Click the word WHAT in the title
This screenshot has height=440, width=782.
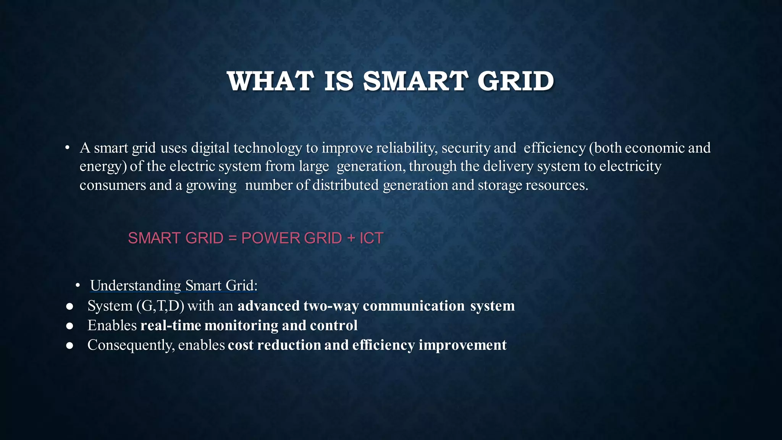270,81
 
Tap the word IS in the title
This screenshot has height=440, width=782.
339,81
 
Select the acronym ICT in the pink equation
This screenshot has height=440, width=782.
371,238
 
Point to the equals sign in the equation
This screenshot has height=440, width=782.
232,238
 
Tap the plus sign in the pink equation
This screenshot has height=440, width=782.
351,238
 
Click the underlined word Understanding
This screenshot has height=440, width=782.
136,286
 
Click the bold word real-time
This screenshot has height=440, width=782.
171,325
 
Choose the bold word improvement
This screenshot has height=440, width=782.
462,345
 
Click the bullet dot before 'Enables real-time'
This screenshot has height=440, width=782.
69,326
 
